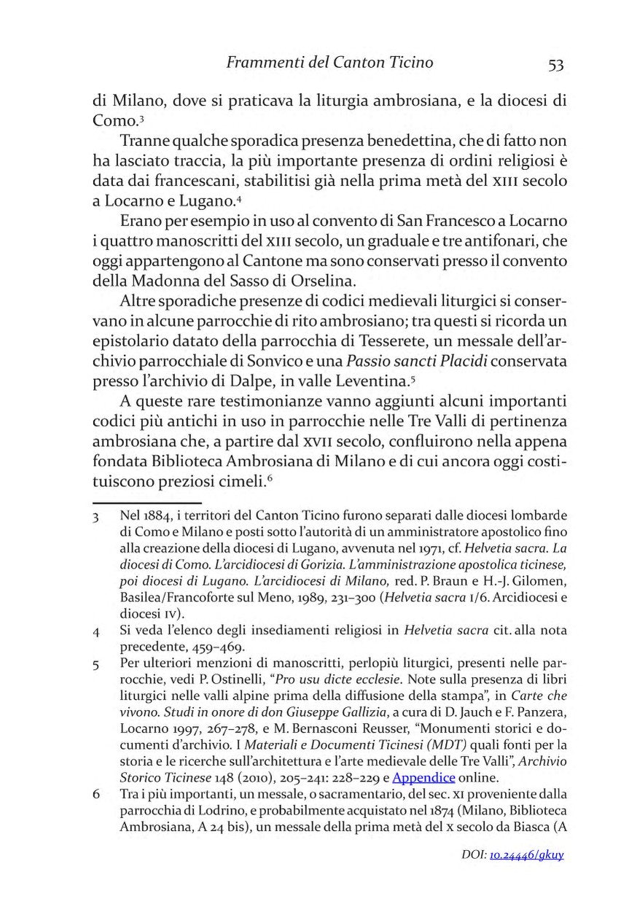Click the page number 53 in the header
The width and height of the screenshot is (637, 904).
pyautogui.click(x=556, y=65)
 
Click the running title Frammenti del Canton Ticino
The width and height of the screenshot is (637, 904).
pyautogui.click(x=329, y=63)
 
